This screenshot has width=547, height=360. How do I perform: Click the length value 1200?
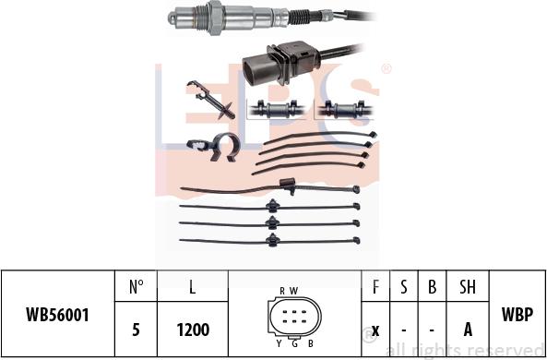coord(193,330)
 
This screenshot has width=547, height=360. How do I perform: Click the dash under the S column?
coord(404,330)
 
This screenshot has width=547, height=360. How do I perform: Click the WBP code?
coord(517,314)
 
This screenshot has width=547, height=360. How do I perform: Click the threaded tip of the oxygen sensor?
coord(185,15)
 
